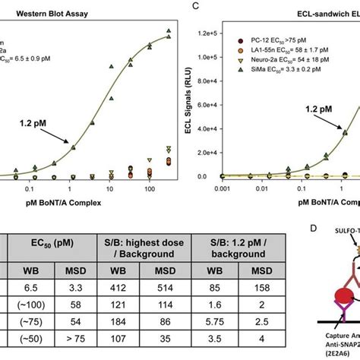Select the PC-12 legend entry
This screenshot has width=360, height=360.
(x=273, y=38)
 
